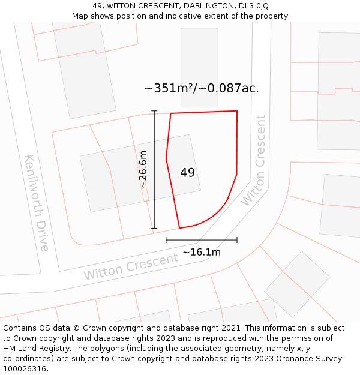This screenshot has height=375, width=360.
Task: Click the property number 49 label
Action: point(187,173)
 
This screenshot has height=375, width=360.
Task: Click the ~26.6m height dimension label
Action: point(143,170)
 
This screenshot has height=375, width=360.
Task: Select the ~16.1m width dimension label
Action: point(202,252)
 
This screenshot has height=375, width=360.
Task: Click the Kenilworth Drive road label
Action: point(37,202)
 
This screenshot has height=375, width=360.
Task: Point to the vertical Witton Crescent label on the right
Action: point(254,160)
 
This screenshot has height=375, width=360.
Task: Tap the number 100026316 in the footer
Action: point(25,369)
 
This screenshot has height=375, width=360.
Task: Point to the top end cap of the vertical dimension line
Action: point(154,111)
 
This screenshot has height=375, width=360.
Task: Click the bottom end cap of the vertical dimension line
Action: point(154,229)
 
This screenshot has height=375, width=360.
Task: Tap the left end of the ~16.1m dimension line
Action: point(166,240)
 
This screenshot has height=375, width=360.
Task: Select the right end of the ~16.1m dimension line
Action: point(237,240)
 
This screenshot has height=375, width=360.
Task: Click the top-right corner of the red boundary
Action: point(237,111)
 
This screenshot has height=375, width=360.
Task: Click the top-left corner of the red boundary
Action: point(171,113)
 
